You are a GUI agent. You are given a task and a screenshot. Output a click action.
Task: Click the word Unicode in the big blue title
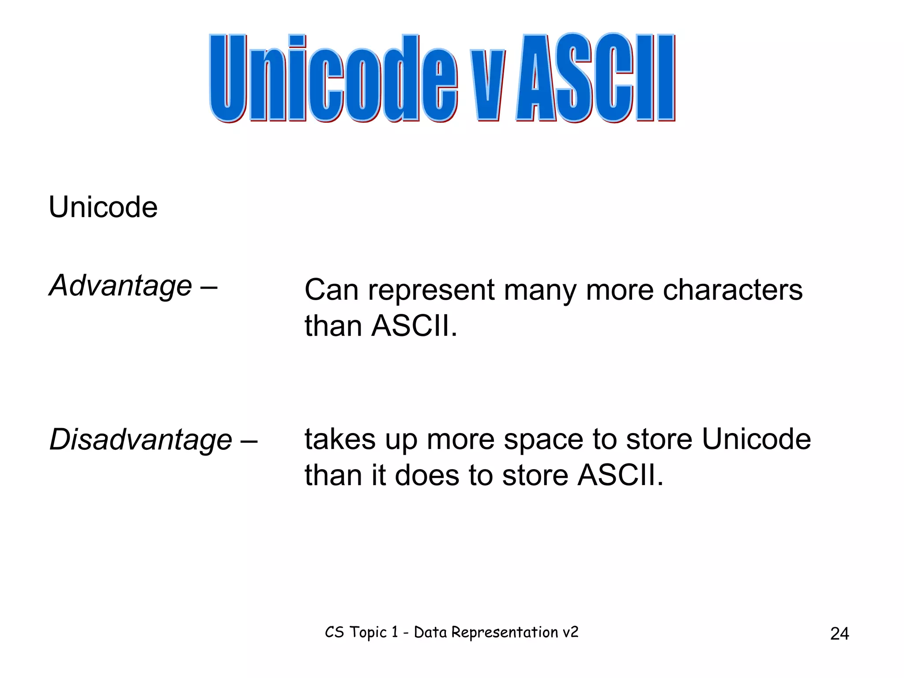[x=333, y=79]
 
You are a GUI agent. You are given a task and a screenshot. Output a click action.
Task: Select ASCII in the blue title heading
[x=596, y=79]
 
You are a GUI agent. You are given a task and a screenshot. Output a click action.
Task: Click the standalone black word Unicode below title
[x=103, y=207]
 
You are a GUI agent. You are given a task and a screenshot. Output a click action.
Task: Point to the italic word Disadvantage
[x=141, y=440]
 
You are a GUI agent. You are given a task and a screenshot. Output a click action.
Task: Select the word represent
[x=431, y=291]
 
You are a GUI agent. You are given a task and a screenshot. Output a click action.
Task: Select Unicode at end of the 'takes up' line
[x=756, y=440]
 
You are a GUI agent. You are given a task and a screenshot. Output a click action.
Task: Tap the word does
[x=427, y=476]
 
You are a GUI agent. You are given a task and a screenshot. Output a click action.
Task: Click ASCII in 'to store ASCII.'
[x=620, y=476]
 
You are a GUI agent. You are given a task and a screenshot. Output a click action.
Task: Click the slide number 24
[x=839, y=634]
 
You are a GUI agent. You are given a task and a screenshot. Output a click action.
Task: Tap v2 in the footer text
[x=570, y=633]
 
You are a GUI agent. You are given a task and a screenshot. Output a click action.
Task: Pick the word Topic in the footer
[x=368, y=633]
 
